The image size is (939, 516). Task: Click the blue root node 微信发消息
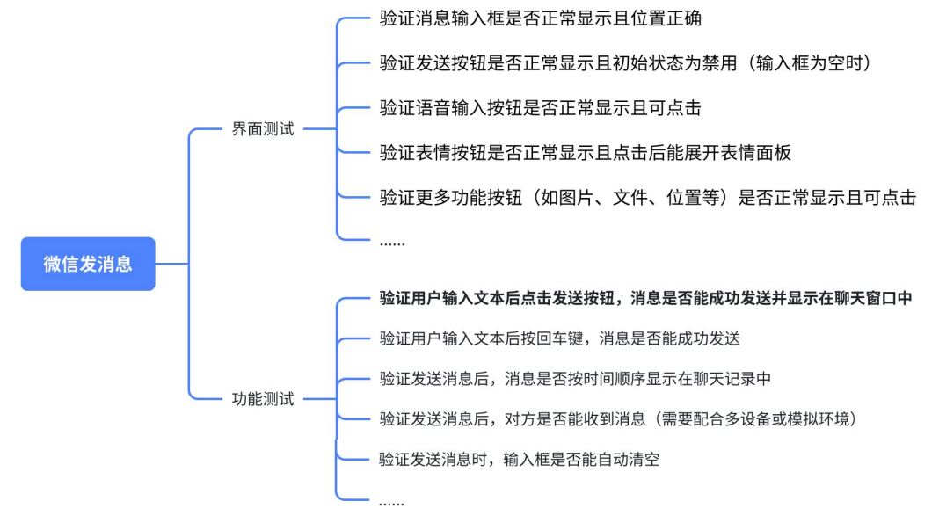click(88, 264)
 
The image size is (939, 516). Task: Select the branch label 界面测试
click(263, 129)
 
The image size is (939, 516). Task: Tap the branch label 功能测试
click(263, 399)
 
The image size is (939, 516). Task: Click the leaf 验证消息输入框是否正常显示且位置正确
click(540, 18)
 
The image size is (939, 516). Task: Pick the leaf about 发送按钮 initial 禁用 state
click(624, 63)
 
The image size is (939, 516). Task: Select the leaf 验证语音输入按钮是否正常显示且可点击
click(540, 108)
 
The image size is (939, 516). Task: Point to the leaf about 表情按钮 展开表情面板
click(585, 153)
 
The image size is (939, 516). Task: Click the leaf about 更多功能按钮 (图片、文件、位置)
click(647, 198)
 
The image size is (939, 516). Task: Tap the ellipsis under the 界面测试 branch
click(392, 242)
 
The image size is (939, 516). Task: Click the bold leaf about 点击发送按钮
click(645, 299)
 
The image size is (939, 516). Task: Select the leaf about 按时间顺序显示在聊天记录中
click(575, 380)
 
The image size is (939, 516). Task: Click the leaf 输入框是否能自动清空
click(519, 460)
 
